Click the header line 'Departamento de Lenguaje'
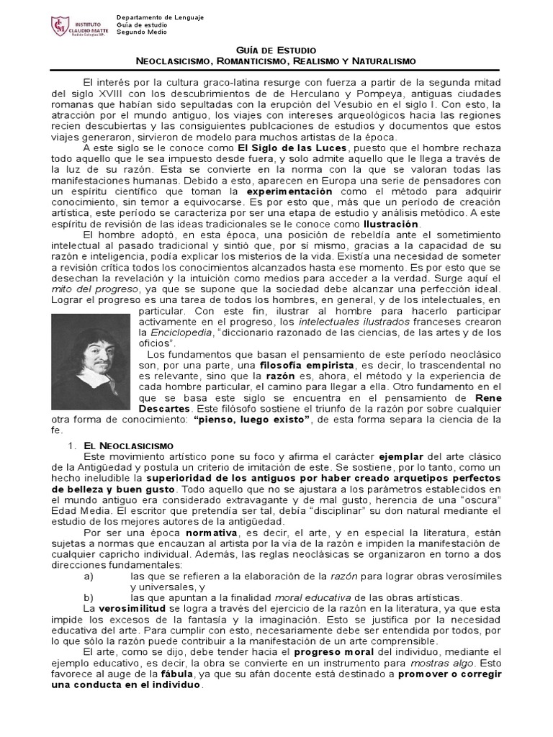(x=160, y=17)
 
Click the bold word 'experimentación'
(x=289, y=192)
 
